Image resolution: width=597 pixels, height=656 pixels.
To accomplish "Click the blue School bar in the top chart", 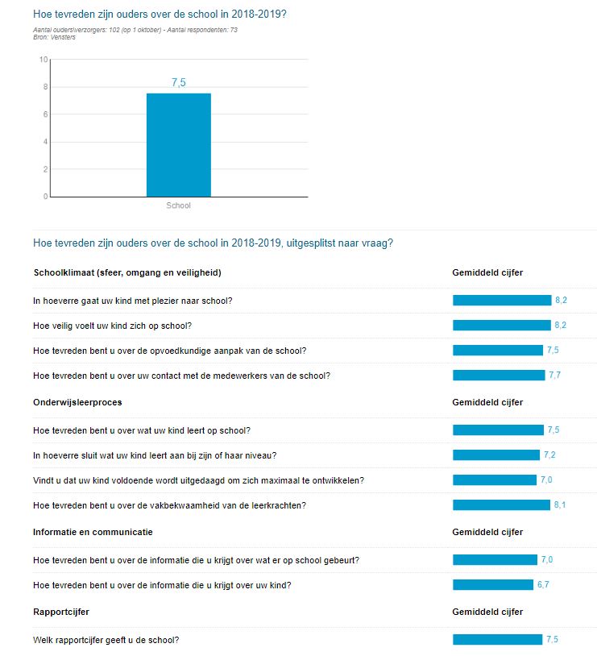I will click(178, 145).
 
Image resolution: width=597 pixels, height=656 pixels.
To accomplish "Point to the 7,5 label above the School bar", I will click(178, 83).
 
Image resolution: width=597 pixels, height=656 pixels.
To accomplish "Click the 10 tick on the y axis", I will click(44, 60).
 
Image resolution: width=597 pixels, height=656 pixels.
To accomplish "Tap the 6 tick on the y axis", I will click(46, 114).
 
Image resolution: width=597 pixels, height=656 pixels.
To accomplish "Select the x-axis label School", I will click(178, 206).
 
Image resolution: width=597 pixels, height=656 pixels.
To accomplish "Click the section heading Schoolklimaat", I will click(126, 272).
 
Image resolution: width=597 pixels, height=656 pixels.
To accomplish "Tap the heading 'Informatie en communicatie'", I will click(93, 532).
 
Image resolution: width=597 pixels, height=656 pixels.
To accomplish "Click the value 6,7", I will click(543, 584).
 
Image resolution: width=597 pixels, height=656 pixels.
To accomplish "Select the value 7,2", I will click(549, 455).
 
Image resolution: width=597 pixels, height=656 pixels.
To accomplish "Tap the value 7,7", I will click(554, 376).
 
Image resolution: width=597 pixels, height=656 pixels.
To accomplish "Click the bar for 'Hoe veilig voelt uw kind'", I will click(501, 326).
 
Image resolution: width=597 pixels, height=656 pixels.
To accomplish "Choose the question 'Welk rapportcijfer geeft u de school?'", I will click(106, 640).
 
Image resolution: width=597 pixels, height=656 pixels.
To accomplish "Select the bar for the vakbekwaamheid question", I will click(500, 505).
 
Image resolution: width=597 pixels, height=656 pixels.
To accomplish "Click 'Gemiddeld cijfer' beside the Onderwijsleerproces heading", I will click(487, 402).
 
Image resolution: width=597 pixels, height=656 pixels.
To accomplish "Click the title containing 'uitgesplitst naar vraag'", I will click(213, 243).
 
